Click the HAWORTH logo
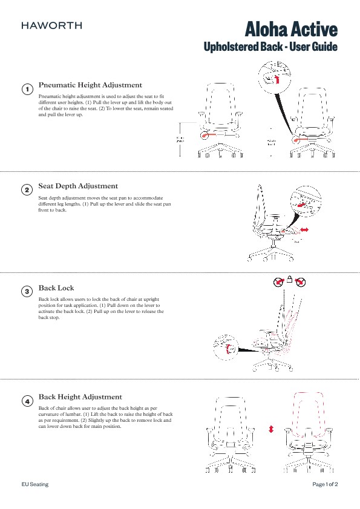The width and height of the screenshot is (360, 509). pyautogui.click(x=52, y=25)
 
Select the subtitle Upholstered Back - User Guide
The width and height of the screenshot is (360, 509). pyautogui.click(x=270, y=47)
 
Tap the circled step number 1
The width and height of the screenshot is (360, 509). pyautogui.click(x=27, y=90)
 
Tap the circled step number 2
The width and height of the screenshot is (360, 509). pyautogui.click(x=27, y=190)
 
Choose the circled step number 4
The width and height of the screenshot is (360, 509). pyautogui.click(x=27, y=401)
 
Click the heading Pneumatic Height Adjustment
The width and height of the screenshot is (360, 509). pyautogui.click(x=90, y=85)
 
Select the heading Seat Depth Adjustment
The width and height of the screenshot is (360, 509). pyautogui.click(x=78, y=186)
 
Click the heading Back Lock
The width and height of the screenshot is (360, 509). pyautogui.click(x=56, y=288)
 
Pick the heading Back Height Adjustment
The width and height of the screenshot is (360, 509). pyautogui.click(x=80, y=396)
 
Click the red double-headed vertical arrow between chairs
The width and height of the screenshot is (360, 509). pyautogui.click(x=271, y=428)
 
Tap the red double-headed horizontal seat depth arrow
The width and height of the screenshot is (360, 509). pyautogui.click(x=304, y=230)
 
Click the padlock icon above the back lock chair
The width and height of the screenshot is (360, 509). pyautogui.click(x=290, y=280)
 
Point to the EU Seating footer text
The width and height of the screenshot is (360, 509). pyautogui.click(x=34, y=485)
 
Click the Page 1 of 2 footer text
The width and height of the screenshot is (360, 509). pyautogui.click(x=325, y=485)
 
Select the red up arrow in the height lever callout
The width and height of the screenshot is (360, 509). pyautogui.click(x=278, y=79)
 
